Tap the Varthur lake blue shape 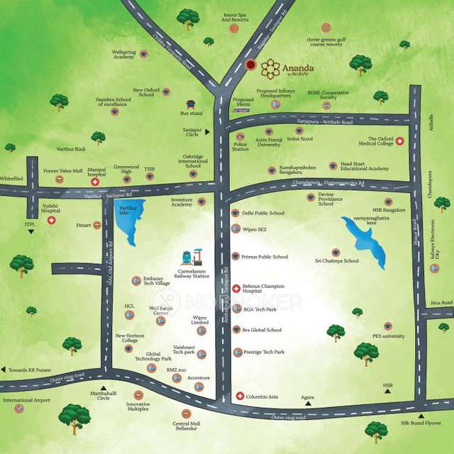pos(129,220)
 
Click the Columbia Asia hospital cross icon pos(240,396)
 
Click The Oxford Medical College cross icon pos(399,142)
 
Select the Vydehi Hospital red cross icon pos(51,221)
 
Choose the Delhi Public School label pos(262,213)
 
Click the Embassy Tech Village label pos(157,282)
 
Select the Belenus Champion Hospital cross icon pos(236,288)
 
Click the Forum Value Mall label pos(63,171)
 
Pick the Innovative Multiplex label pos(138,407)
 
